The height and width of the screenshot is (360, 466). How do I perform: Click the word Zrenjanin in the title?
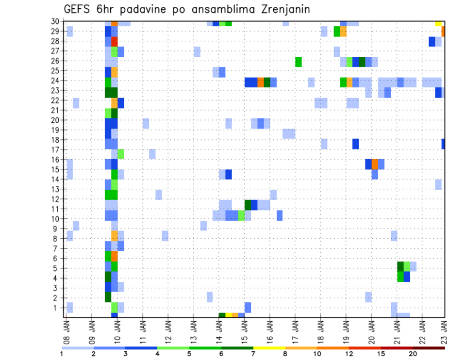281,10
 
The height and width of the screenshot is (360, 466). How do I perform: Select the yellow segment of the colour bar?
269,348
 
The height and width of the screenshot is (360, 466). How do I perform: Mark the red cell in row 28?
115,41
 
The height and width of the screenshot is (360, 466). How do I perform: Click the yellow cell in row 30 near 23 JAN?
438,23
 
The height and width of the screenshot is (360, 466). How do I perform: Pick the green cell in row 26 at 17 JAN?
298,61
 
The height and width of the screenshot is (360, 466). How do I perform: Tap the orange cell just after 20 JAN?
375,164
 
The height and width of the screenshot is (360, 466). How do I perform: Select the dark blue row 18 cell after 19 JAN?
355,144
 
